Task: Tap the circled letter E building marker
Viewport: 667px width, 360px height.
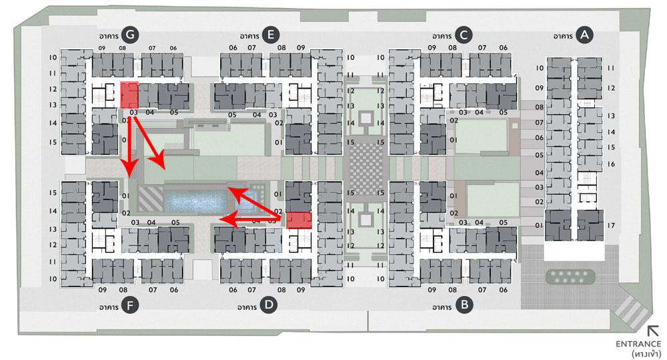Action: pos(270,35)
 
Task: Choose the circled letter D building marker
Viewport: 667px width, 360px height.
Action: pos(269,306)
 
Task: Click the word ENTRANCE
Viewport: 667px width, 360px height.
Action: pos(638,343)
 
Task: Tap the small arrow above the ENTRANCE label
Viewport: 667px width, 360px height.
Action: pos(653,330)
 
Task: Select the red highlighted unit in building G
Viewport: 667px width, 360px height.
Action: pos(129,95)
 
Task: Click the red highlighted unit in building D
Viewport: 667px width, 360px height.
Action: pos(299,221)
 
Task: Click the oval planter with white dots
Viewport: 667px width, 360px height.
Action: pos(571,275)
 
